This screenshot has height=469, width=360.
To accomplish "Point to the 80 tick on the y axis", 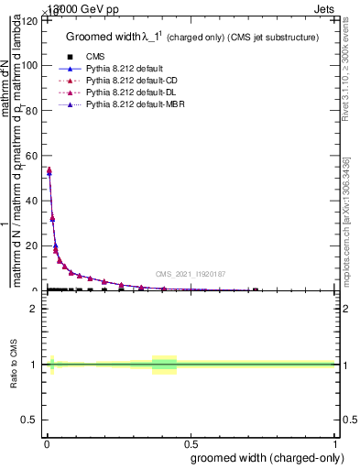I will [x=31, y=111].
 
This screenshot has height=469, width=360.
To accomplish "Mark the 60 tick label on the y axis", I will [x=31, y=156].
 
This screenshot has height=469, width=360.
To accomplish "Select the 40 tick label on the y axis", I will [x=31, y=201].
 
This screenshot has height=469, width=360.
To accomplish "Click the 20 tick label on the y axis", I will [x=31, y=245].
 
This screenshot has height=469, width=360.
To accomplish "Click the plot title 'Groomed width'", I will [x=100, y=37].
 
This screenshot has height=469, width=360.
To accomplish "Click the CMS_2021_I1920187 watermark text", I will [x=191, y=273].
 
